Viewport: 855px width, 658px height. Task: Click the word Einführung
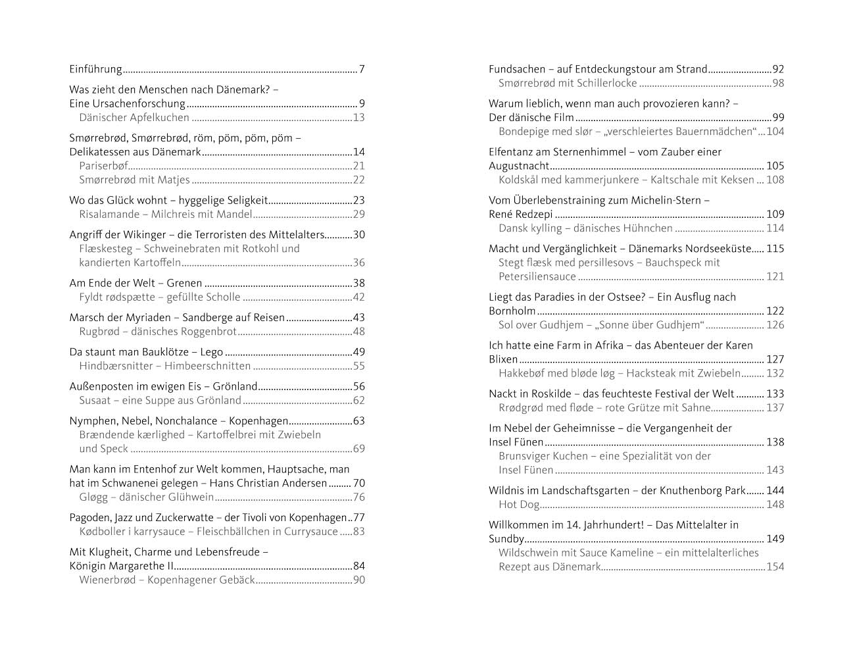coord(96,69)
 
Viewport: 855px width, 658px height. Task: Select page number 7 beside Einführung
coord(362,69)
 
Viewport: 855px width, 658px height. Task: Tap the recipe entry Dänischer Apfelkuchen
coord(134,118)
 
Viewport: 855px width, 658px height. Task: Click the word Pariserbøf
coord(104,166)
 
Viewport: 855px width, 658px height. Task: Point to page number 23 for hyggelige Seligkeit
coord(358,201)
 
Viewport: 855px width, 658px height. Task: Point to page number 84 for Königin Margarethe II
coord(358,566)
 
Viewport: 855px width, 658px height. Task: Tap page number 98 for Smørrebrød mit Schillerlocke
coord(778,84)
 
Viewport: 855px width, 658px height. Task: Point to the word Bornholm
coord(512,311)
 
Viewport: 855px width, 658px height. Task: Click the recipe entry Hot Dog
coord(519,505)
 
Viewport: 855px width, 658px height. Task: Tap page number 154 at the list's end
coord(775,567)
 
